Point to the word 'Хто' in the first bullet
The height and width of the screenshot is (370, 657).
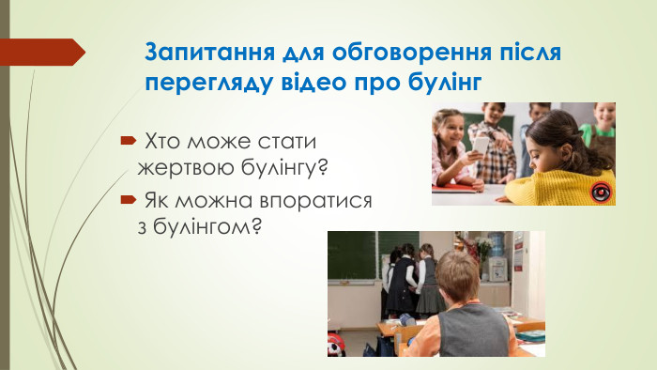click(160, 141)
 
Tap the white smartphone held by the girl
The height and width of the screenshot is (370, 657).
click(480, 144)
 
